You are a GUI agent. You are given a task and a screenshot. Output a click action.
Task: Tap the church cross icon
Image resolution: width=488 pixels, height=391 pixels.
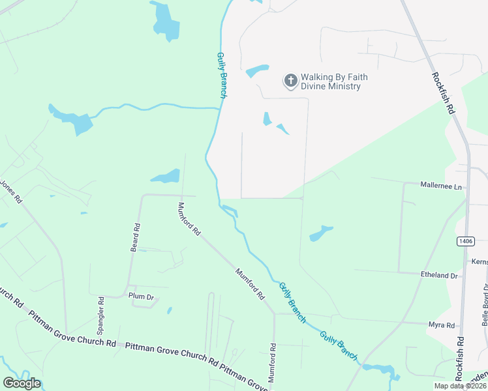coord(290,81)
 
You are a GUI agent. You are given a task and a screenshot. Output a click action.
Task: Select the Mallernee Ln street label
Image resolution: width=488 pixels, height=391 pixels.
coord(440,186)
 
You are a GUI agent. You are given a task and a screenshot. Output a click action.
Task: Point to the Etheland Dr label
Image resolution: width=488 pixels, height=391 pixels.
coord(440,276)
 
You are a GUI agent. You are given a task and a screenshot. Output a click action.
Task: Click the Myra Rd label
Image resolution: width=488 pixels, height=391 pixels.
coord(441,325)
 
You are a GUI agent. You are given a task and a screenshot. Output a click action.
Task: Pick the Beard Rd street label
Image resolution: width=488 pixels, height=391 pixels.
coord(135,238)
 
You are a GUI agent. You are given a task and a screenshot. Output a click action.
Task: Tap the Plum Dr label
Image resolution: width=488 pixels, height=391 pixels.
coord(140,297)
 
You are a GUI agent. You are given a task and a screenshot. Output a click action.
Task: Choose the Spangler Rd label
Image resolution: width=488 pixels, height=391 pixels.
coord(101,316)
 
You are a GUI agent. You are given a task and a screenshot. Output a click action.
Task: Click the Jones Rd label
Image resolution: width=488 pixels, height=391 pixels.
coord(11,190)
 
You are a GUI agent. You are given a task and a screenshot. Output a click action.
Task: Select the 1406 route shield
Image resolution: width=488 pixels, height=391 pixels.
coord(465,241)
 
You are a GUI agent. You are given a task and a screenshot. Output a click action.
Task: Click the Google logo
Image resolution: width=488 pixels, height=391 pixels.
coord(22,383)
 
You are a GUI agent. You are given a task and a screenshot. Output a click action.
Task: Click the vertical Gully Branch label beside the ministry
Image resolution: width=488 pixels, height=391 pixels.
coord(222,75)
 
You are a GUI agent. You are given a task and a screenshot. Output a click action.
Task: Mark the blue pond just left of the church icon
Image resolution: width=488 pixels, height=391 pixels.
coord(257,71)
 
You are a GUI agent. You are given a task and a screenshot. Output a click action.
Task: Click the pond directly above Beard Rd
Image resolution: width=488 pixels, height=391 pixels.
coord(166,177)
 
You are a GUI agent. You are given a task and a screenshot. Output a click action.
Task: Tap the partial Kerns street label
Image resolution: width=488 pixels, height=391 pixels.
coord(480,261)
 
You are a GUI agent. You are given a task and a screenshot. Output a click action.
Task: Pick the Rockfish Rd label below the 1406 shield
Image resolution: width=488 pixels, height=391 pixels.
coord(461,359)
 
